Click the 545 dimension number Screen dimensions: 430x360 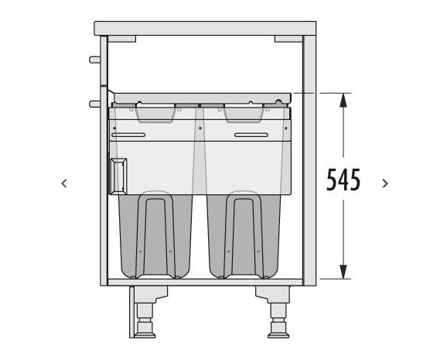[x=343, y=180]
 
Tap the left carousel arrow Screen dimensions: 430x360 [x=64, y=183]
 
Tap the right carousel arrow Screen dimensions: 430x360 [x=385, y=183]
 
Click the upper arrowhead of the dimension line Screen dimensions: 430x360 [x=343, y=100]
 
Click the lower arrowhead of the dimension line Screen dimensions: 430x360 [x=343, y=272]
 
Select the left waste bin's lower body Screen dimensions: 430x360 [x=155, y=236]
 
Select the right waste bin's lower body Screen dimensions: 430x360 [x=244, y=236]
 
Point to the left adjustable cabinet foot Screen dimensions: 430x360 [x=145, y=313]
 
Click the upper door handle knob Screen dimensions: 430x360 [x=94, y=60]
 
